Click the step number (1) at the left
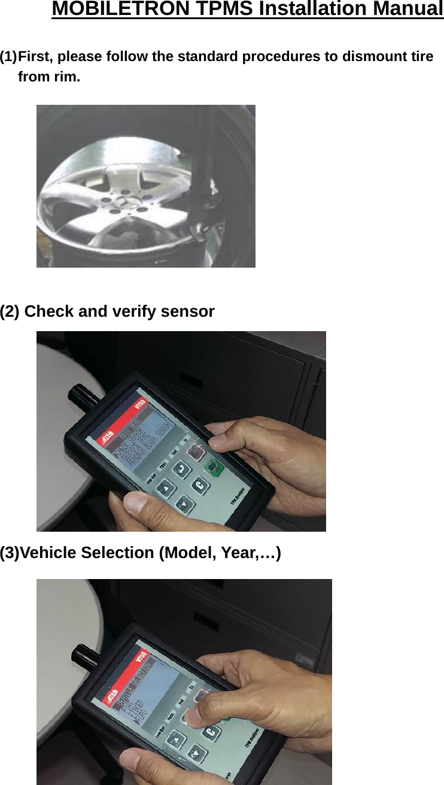pyautogui.click(x=8, y=57)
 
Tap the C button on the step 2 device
pyautogui.click(x=199, y=486)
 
